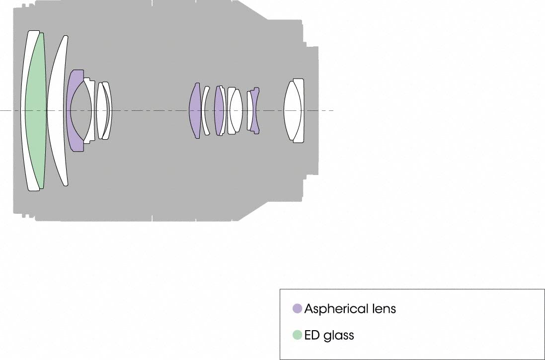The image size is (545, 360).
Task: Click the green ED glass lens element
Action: pyautogui.click(x=36, y=110)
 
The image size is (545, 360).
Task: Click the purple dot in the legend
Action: pyautogui.click(x=297, y=308)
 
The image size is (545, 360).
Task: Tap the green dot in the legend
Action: pyautogui.click(x=297, y=335)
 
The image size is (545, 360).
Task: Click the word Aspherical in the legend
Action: pyautogui.click(x=336, y=309)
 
